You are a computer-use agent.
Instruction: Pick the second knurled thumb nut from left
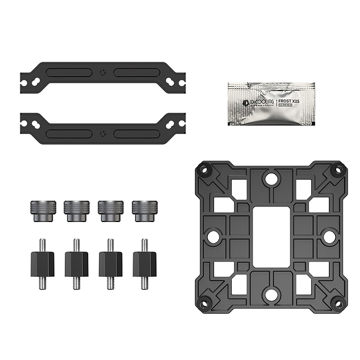coord(76,210)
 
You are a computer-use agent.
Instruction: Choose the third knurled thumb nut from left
coord(110,210)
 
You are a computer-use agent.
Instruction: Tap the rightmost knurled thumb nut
coord(144,210)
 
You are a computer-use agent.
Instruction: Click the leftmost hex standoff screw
coord(42,264)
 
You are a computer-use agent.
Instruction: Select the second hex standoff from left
coord(76,264)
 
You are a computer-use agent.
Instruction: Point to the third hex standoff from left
coord(110,264)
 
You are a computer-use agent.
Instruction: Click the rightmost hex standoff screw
coord(144,264)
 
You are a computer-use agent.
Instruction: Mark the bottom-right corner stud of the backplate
coord(337,303)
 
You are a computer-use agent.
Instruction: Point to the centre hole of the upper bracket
coord(103,73)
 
